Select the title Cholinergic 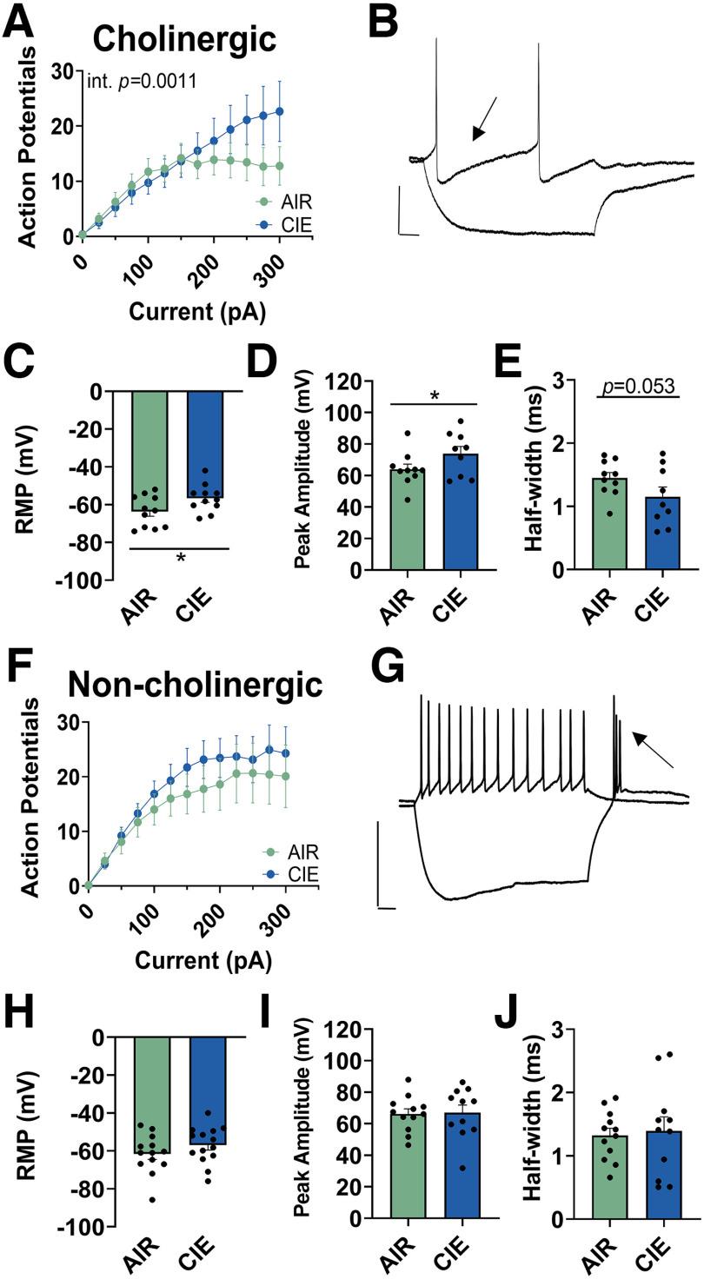[x=183, y=38]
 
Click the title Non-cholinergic [x=195, y=684]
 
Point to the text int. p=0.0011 [x=142, y=83]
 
